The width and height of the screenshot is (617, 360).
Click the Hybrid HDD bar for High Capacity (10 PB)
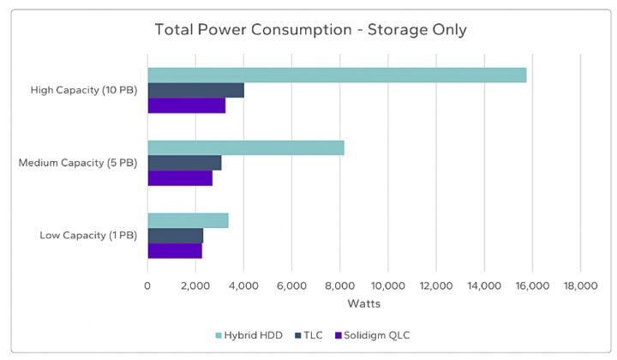pos(337,75)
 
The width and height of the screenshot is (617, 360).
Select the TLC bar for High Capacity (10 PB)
pos(195,90)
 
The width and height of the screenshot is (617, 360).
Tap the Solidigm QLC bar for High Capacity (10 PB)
pos(186,105)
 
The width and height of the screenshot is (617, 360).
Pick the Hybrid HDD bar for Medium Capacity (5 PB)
pos(246,147)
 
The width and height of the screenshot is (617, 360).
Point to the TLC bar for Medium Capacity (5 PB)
pos(184,163)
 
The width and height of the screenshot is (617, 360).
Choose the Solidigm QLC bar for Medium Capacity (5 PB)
pos(180,178)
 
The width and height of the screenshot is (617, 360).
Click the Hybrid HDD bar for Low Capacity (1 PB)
pos(188,220)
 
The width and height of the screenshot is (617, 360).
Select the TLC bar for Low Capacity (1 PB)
pos(175,236)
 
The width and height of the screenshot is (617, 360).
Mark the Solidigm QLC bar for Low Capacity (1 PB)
pos(175,251)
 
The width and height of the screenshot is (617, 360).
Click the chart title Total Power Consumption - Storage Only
pos(310,30)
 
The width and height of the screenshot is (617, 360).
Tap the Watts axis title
pos(364,303)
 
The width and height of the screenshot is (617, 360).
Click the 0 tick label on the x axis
pos(147,286)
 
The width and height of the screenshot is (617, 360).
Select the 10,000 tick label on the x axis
pos(388,286)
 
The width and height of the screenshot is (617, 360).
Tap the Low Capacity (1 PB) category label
pos(87,236)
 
